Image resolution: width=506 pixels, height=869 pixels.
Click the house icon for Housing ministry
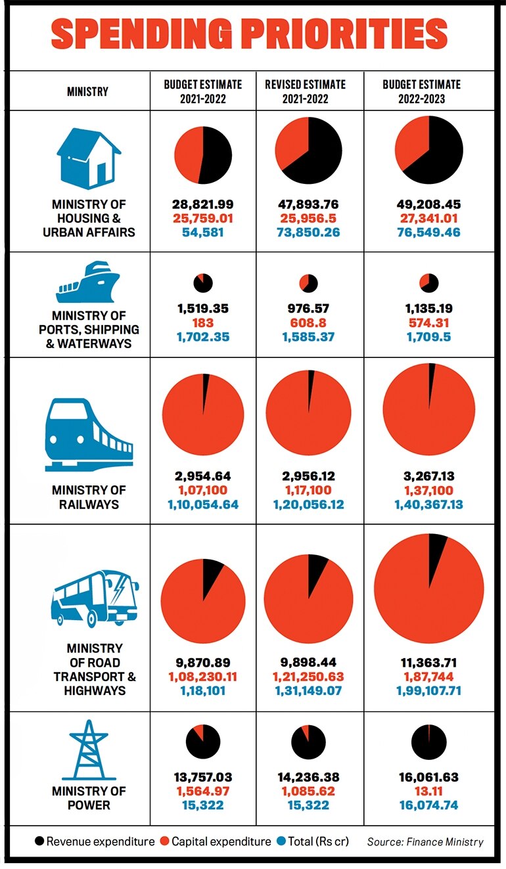click(x=89, y=158)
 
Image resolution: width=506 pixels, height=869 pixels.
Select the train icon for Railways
click(x=89, y=434)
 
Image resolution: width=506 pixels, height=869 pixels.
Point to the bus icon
click(x=95, y=597)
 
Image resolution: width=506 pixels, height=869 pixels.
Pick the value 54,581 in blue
click(x=202, y=233)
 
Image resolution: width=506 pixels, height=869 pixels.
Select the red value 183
click(x=202, y=323)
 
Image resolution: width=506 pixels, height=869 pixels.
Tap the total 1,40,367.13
click(x=429, y=504)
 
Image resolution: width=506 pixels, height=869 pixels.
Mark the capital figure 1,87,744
click(x=429, y=677)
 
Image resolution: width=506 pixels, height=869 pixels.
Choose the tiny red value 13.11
click(x=429, y=791)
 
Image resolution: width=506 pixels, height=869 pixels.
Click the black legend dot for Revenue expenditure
click(x=39, y=842)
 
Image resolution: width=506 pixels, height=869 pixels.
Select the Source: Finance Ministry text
click(x=425, y=842)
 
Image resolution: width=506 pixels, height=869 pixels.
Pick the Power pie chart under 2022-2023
click(x=428, y=742)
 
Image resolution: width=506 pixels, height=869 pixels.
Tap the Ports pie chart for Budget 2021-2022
click(x=202, y=283)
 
